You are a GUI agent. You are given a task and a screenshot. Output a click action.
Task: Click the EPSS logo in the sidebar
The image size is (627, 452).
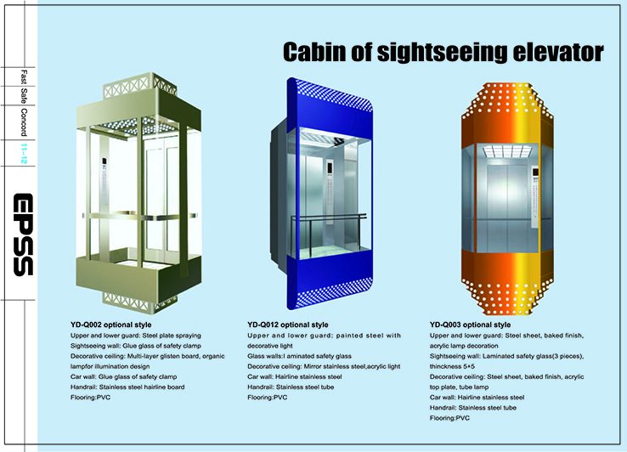[23, 234]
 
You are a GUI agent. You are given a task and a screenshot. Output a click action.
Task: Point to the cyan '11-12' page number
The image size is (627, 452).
[24, 153]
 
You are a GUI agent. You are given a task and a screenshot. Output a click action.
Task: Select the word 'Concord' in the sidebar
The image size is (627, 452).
[24, 122]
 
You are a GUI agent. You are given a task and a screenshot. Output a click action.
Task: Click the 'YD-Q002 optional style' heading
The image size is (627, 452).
[110, 325]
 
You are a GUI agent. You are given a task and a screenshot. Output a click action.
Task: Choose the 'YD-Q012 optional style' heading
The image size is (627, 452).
[287, 325]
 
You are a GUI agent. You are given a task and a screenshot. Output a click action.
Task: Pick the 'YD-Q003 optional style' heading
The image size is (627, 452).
[471, 325]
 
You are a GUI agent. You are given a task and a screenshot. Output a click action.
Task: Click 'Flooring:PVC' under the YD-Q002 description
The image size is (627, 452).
[90, 398]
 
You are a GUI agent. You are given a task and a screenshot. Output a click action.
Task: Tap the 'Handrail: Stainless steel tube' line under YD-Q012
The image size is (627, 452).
[291, 387]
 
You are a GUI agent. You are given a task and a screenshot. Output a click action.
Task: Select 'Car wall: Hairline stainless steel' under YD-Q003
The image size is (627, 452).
[477, 398]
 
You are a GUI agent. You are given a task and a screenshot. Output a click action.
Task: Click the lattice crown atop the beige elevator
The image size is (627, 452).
[140, 86]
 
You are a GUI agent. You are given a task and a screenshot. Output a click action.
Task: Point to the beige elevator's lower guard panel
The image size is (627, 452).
[138, 277]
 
